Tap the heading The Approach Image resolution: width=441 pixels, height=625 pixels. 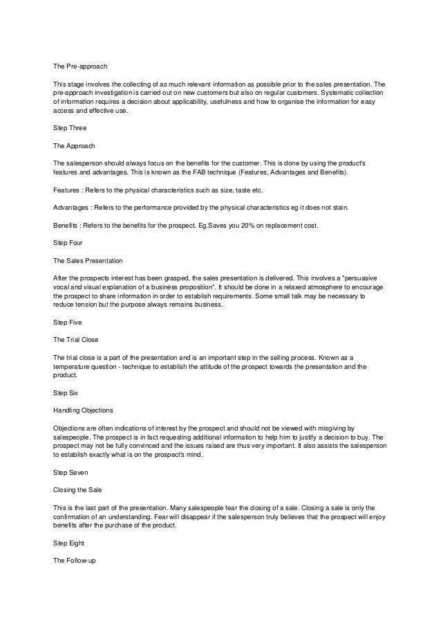pos(74,146)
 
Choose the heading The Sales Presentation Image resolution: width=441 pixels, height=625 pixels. pos(88,261)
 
